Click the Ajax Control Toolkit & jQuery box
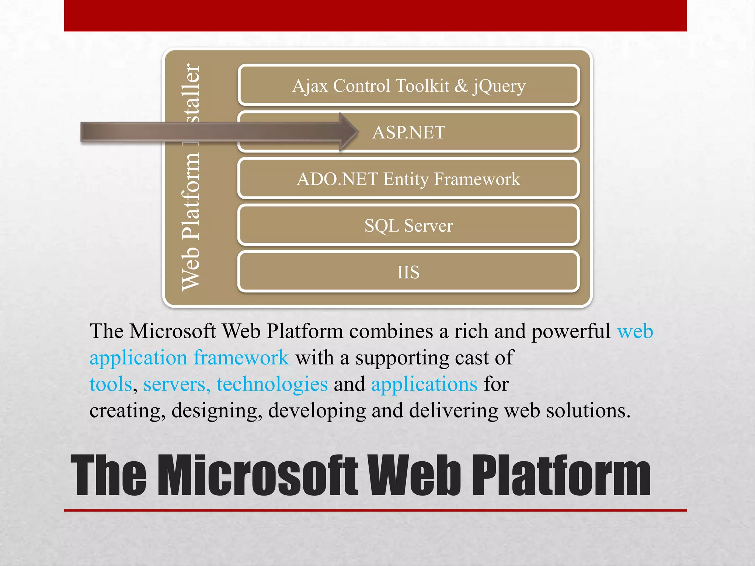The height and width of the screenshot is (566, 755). tap(408, 85)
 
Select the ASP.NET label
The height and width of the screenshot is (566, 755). tap(408, 132)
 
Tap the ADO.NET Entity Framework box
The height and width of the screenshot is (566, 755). tap(408, 179)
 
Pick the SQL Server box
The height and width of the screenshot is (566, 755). tap(408, 226)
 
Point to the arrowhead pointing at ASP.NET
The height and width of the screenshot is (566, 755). tap(348, 132)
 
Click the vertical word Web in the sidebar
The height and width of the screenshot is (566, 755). tap(191, 268)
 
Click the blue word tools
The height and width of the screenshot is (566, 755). tap(111, 384)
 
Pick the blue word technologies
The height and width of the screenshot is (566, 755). tap(272, 384)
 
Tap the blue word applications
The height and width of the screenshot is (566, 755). tap(424, 384)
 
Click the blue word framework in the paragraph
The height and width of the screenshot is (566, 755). tap(241, 357)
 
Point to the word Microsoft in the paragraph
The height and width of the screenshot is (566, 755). tap(173, 331)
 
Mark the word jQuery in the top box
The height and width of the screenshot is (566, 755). tap(499, 85)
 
